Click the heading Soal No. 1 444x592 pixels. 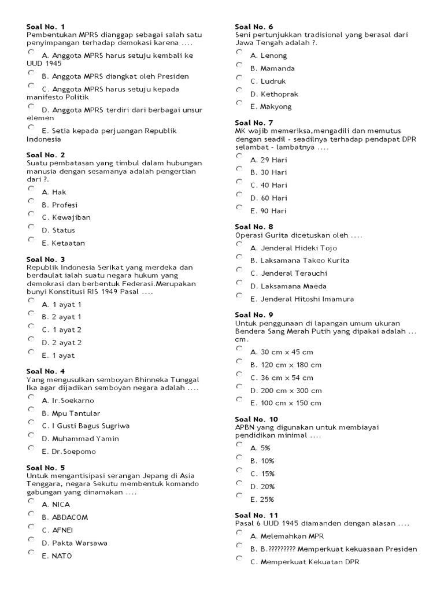46,27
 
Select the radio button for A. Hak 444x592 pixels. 31,188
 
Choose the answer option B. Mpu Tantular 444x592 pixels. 31,410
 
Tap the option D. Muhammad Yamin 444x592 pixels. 31,435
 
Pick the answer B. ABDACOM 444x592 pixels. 31,514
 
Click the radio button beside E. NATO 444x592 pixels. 31,552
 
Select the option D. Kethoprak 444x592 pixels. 239,90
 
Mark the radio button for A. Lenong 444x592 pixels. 239,52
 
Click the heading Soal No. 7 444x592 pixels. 254,123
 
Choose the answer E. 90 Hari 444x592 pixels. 239,208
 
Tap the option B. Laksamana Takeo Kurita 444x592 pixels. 239,257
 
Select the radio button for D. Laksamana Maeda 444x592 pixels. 239,283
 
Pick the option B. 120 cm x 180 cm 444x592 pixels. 239,361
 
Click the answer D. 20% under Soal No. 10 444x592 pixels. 239,483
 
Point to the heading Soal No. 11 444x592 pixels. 256,515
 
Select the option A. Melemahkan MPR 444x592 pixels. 239,532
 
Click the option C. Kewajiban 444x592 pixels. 31,214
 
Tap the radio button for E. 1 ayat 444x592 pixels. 31,352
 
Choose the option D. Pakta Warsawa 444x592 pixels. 31,539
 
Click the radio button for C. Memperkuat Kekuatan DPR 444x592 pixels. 239,558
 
